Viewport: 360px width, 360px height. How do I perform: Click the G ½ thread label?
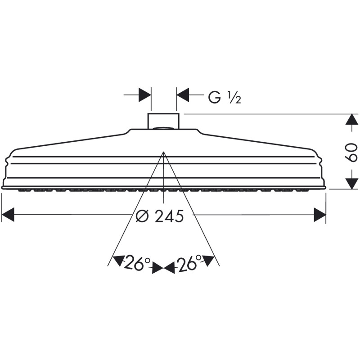coord(225,97)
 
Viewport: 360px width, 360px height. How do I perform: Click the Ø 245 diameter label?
coord(160,216)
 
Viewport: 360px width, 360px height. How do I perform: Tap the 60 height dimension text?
coord(351,152)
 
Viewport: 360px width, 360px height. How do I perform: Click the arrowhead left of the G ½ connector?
coord(145,94)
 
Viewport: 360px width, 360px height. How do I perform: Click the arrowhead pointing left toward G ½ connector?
coord(183,94)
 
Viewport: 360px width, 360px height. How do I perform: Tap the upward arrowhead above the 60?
coord(352,119)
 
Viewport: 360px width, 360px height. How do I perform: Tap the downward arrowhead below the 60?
coord(352,184)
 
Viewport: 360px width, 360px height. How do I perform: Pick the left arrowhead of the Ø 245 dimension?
coord(8,215)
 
